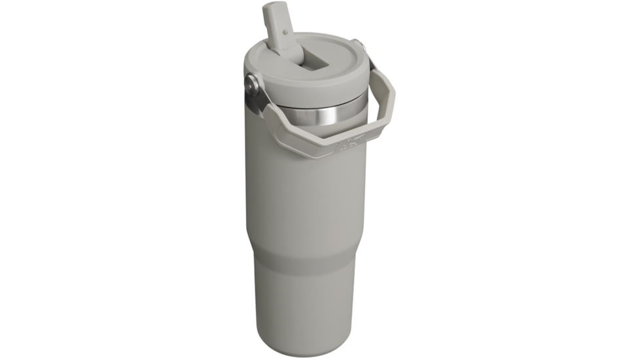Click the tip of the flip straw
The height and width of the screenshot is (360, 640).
(x=272, y=9)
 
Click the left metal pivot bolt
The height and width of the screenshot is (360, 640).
(x=252, y=85)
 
